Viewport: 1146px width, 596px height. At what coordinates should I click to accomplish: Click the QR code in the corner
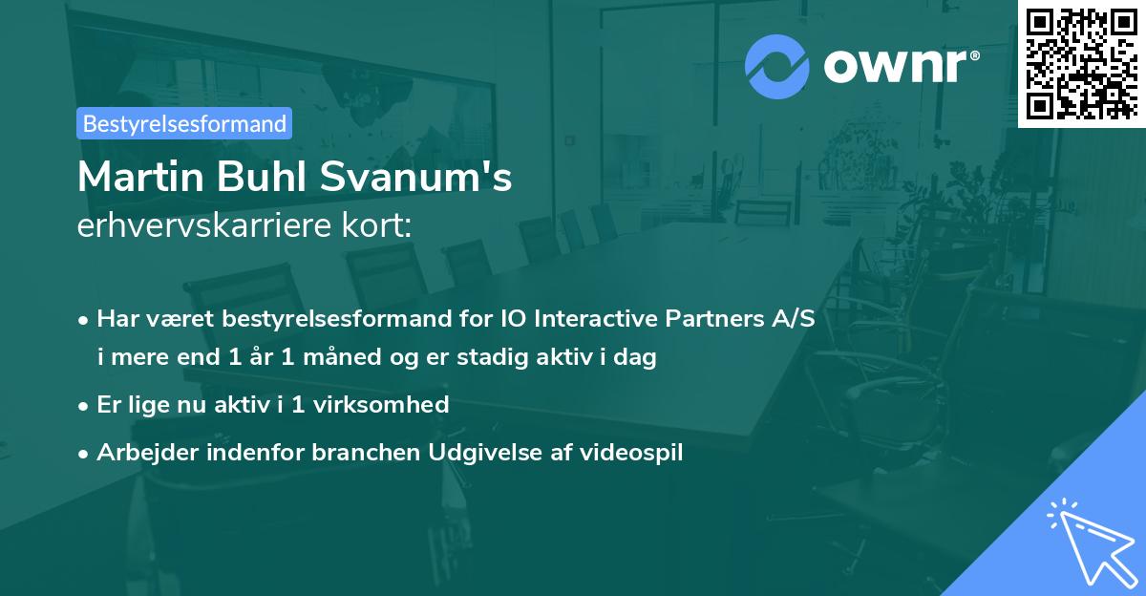pos(1082,63)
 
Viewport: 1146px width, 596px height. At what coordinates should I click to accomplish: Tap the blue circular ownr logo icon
pos(776,66)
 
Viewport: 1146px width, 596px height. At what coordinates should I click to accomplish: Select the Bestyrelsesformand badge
pos(184,123)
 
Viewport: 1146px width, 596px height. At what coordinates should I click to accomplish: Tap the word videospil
pos(634,452)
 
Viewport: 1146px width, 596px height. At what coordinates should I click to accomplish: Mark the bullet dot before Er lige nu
pos(85,405)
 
